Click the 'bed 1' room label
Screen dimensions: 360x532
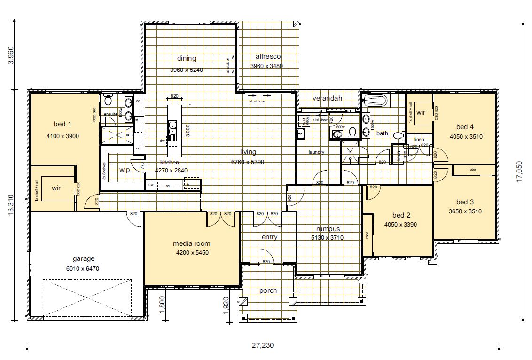click(62, 125)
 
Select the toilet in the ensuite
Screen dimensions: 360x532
click(108, 100)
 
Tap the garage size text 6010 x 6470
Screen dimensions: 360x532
click(84, 269)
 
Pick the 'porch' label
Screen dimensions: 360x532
click(268, 290)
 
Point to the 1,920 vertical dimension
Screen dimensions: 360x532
click(226, 305)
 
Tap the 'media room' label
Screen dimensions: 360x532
click(192, 243)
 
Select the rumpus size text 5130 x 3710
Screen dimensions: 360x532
click(328, 238)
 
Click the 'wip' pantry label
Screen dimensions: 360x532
click(125, 170)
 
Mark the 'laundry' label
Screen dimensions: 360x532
click(317, 152)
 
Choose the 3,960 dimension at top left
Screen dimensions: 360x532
click(11, 55)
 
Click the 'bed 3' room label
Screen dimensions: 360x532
click(462, 202)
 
